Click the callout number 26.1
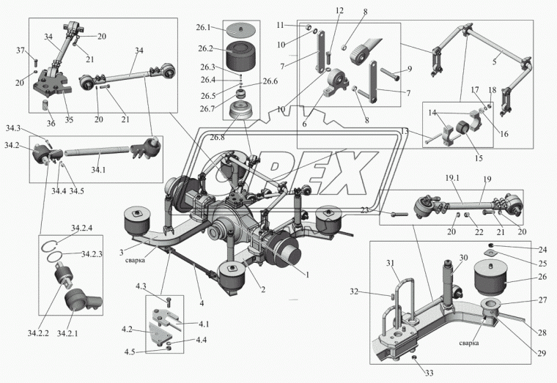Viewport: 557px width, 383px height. coord(203,27)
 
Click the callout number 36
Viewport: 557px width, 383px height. coord(51,123)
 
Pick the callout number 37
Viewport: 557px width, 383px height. coord(21,51)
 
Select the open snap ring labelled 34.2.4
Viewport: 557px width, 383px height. coord(50,245)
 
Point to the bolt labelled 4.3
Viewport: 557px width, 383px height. coord(169,302)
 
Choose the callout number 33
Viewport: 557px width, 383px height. coord(429,373)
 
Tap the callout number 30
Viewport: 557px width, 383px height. coord(463,257)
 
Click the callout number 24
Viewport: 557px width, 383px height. coord(542,250)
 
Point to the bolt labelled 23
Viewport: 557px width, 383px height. coord(399,214)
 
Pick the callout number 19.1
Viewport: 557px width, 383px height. coord(451,178)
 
